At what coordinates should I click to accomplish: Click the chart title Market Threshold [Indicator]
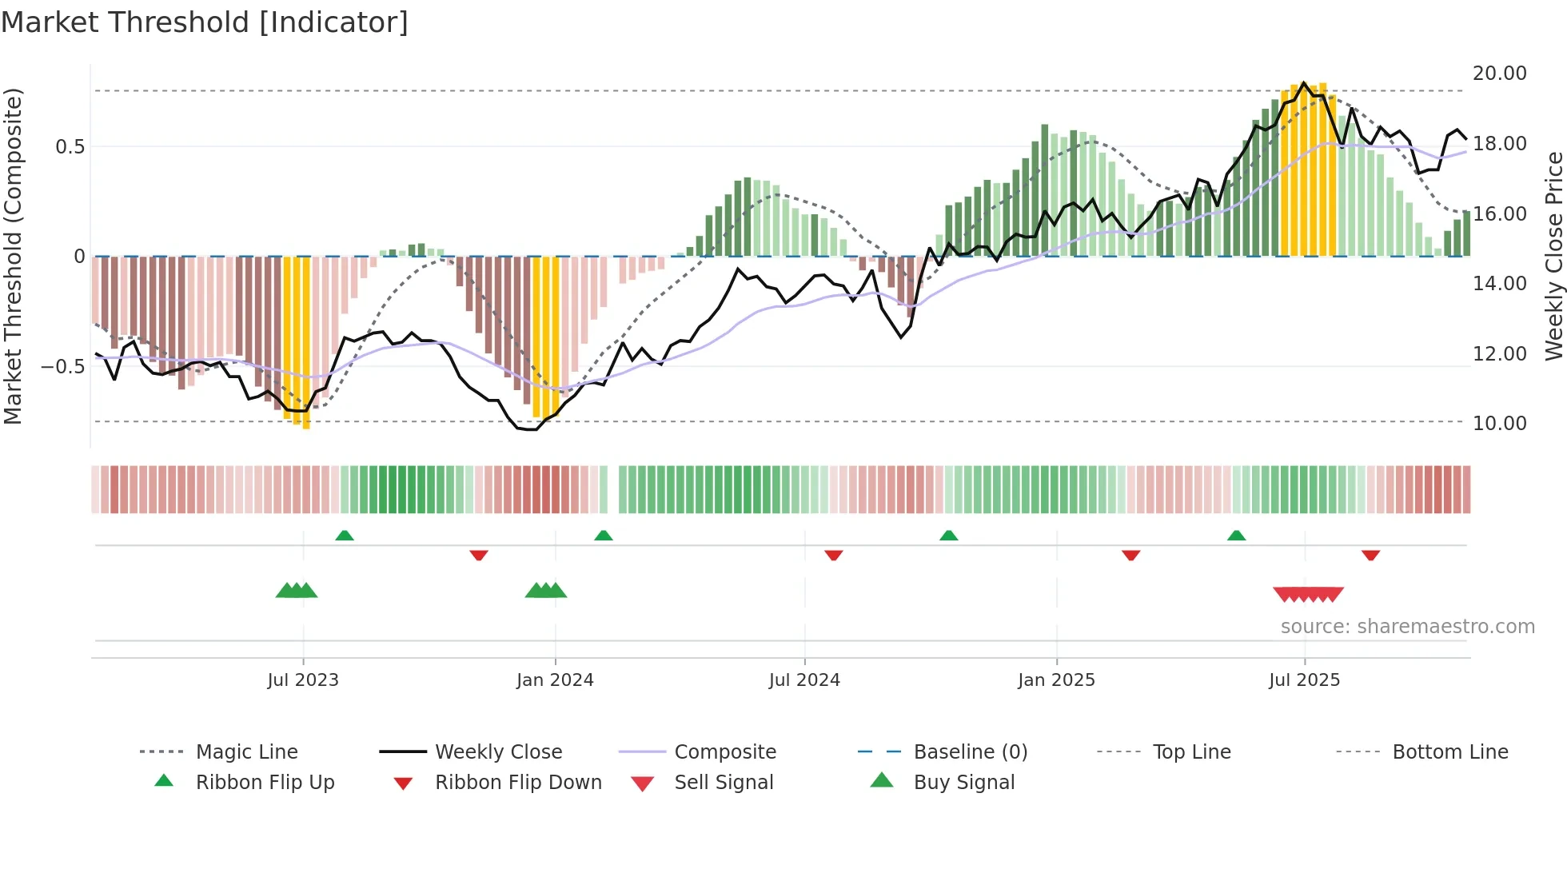(205, 22)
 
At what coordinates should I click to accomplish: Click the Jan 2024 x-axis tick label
(555, 680)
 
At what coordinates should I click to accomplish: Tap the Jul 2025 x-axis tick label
(1304, 680)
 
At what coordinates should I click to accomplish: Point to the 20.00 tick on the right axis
(1499, 74)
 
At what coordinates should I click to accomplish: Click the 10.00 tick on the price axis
(1499, 424)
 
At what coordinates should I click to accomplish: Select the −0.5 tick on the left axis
(62, 367)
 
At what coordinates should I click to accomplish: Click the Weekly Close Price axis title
(1553, 256)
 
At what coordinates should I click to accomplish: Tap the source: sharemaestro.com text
(1407, 627)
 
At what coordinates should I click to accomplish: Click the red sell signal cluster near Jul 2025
(1308, 594)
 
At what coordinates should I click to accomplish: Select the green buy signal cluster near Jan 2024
(546, 591)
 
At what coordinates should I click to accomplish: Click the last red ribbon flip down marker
(1370, 555)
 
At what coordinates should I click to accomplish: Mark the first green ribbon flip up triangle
(345, 536)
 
